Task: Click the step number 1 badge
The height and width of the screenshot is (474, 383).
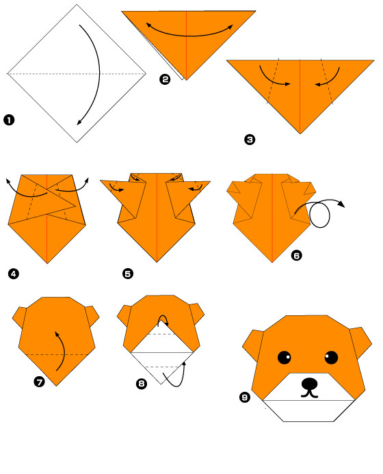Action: (9, 120)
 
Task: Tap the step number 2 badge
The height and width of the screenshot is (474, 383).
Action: (165, 79)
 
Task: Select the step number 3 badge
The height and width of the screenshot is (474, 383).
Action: (250, 140)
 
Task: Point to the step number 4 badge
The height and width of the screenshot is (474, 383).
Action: (14, 274)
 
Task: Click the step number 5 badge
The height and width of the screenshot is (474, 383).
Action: (128, 274)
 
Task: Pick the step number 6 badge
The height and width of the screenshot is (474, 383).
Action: (297, 255)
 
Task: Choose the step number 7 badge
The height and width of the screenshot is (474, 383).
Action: (39, 382)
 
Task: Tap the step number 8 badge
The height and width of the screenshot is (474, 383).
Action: (142, 384)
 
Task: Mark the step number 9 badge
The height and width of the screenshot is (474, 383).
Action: (245, 397)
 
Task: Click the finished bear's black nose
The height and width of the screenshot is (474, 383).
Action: (310, 384)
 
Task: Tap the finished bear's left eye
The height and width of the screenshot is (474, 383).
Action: (284, 358)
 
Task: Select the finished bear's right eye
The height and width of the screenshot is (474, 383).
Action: (331, 358)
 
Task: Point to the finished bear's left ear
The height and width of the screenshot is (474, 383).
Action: (253, 345)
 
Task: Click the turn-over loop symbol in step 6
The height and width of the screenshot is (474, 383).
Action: (320, 213)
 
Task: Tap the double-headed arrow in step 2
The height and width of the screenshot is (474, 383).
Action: (190, 36)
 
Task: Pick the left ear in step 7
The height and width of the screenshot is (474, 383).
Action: (19, 317)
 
